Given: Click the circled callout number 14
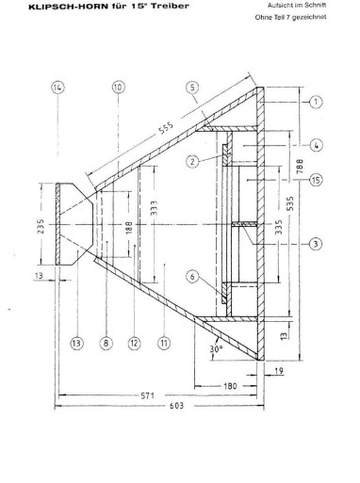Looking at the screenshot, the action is pos(57,88).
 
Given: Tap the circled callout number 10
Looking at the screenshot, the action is pos(118,87).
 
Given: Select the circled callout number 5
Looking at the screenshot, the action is pos(192,88).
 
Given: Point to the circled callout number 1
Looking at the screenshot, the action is pos(316,102).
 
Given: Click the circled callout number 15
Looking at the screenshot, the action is pos(316,180).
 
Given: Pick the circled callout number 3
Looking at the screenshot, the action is pos(316,244).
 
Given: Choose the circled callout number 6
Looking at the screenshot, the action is pos(192,277).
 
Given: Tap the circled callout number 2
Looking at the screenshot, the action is pos(192,162).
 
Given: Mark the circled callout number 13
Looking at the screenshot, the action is pos(76,343).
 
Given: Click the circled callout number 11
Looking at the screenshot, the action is pos(164,343).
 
